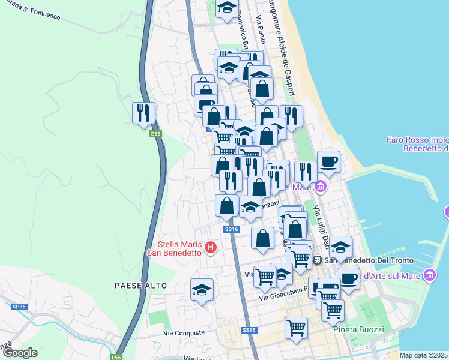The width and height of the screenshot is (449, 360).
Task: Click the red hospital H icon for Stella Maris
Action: click(210, 247)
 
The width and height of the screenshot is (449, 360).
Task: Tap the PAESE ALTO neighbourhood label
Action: click(140, 286)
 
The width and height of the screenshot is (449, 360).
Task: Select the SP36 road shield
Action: click(19, 307)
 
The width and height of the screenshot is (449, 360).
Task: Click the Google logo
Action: click(20, 353)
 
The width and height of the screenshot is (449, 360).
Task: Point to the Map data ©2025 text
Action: click(424, 355)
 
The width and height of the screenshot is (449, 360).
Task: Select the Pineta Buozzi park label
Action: click(358, 329)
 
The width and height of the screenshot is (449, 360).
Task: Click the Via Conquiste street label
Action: click(184, 332)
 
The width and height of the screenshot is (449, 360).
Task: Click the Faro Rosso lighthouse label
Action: click(417, 144)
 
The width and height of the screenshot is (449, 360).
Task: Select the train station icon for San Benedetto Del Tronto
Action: click(317, 260)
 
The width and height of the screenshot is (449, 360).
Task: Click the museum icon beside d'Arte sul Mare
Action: click(430, 275)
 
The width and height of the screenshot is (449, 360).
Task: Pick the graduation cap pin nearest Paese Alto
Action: click(202, 289)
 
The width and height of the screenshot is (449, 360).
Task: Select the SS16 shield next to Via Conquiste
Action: click(249, 331)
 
